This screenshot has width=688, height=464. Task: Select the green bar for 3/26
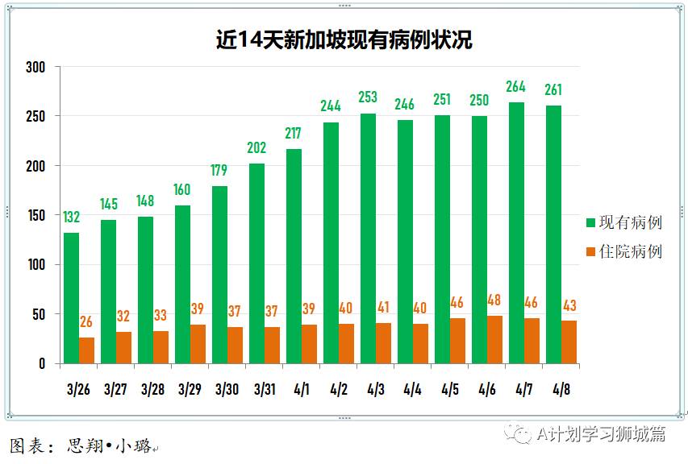tap(71, 298)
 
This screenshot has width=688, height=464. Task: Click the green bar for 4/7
tap(516, 233)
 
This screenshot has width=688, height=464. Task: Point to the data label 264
tap(516, 87)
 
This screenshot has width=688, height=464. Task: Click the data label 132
tap(71, 217)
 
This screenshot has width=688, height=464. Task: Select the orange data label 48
tap(494, 300)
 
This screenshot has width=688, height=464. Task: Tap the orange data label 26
tap(86, 322)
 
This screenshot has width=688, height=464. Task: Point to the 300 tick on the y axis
tap(35, 67)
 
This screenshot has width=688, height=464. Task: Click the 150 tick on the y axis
tap(35, 215)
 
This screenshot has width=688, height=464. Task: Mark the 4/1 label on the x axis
tap(302, 390)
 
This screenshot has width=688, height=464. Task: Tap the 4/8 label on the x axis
tap(561, 390)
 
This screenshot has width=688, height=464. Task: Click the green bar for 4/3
tap(368, 238)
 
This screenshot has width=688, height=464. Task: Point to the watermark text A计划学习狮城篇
tap(601, 434)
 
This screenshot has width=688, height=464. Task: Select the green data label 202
tap(256, 148)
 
